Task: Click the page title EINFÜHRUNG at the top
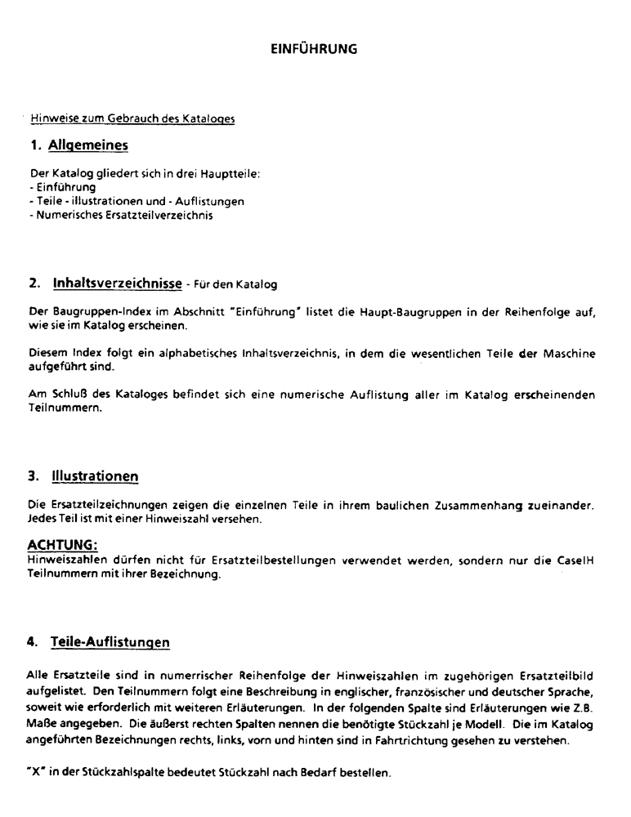[x=314, y=49]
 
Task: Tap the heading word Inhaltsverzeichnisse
[x=117, y=283]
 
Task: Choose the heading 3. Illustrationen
[x=83, y=475]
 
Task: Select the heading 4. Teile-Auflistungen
[x=99, y=642]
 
